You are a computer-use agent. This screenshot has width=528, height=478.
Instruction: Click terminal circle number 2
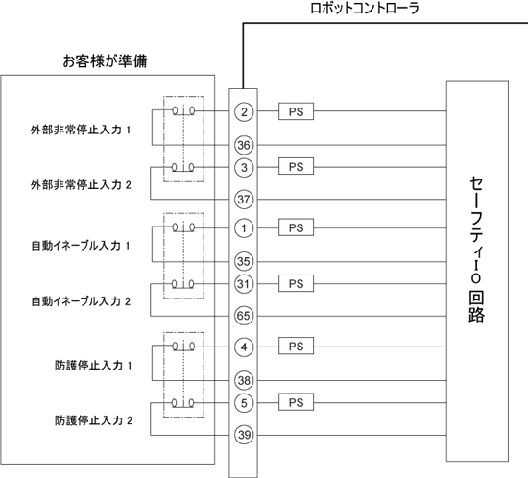244,111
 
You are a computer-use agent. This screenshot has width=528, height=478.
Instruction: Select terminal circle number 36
244,145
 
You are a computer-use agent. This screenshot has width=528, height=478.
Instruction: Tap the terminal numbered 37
244,200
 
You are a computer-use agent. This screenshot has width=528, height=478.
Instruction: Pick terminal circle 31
244,284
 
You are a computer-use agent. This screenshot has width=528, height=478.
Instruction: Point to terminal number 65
244,316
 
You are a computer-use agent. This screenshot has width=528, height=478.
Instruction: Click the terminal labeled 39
244,435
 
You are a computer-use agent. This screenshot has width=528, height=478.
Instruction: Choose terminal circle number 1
244,228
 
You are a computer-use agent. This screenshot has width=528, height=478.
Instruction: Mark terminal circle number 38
244,380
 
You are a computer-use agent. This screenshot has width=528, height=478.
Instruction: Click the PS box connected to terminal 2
296,111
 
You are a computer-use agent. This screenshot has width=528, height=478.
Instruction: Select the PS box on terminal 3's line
296,166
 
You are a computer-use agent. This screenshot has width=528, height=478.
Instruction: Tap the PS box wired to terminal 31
296,283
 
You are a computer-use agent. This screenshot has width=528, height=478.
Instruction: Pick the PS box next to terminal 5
296,402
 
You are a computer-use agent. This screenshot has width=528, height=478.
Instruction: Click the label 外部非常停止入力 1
81,130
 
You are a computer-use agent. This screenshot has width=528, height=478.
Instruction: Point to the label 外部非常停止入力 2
81,185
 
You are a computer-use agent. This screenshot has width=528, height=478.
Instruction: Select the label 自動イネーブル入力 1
81,246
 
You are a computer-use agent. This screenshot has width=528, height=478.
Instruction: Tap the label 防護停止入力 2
93,420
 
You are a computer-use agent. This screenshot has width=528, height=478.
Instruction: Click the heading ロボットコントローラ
365,8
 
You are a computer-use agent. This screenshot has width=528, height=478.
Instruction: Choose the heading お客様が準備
105,61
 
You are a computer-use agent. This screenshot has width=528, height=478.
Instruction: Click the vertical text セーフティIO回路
476,250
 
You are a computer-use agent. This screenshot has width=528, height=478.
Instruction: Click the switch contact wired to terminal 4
183,347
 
